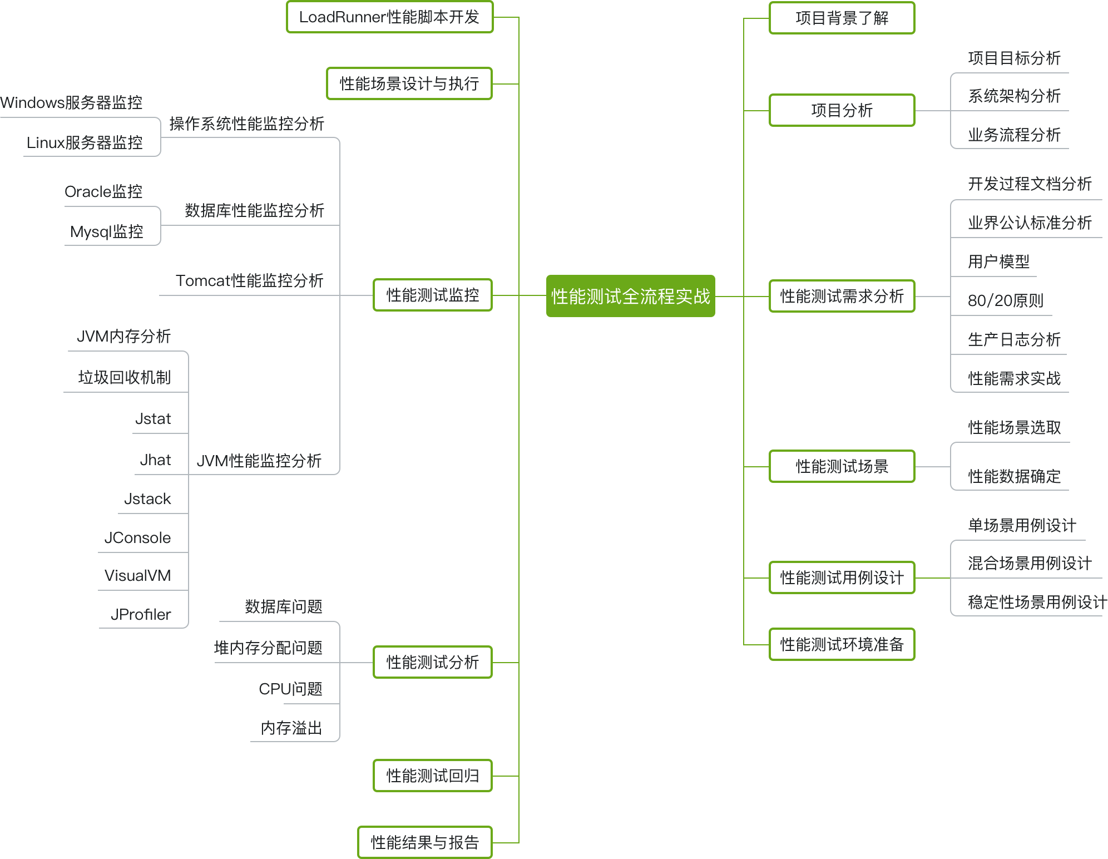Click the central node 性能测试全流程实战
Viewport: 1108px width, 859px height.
tap(630, 296)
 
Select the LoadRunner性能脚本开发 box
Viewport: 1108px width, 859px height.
tap(389, 17)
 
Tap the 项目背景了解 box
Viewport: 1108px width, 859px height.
tap(842, 18)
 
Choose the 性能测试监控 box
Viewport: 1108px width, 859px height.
tap(432, 295)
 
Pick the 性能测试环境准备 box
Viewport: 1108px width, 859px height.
tap(842, 644)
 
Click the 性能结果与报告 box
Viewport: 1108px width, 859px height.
tap(424, 842)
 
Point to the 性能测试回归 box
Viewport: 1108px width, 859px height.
tap(432, 776)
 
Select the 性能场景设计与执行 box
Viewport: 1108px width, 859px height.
tap(409, 84)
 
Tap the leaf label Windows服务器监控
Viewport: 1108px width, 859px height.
tap(71, 103)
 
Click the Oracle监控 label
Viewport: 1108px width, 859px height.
tap(103, 192)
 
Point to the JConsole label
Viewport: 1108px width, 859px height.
tap(137, 538)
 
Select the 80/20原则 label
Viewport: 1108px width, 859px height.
tap(1005, 301)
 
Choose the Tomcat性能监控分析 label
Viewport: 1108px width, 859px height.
tap(249, 281)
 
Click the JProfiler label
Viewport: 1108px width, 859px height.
tap(141, 615)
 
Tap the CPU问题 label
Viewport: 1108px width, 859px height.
tap(290, 689)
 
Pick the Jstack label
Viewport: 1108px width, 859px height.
tap(147, 499)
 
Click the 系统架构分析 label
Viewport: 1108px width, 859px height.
tap(1014, 96)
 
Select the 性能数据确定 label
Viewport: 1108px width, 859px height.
tap(1014, 477)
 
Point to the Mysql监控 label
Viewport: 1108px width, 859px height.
tap(107, 232)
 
